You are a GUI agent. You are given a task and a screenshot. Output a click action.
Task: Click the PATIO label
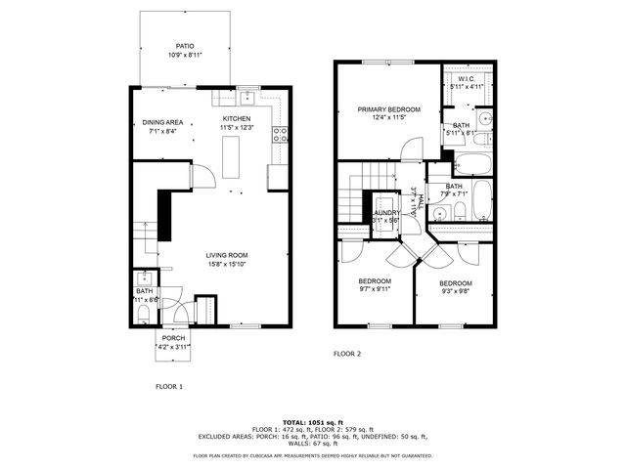pos(184,46)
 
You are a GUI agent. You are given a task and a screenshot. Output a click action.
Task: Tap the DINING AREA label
pos(162,122)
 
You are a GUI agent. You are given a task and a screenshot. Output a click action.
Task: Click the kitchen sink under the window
pos(247,98)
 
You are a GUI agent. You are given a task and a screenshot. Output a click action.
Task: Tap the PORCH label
pos(173,338)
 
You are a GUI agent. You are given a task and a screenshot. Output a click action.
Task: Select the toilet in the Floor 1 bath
pos(143,313)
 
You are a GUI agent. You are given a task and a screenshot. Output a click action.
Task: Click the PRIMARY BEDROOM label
pos(388,109)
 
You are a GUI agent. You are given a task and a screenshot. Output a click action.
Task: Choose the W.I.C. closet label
pos(466,78)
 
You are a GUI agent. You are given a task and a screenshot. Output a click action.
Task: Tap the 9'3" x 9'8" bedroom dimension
pos(455,290)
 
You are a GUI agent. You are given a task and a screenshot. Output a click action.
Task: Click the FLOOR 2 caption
pos(347,354)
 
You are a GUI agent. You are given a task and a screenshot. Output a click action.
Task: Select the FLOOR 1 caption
pos(169,386)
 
